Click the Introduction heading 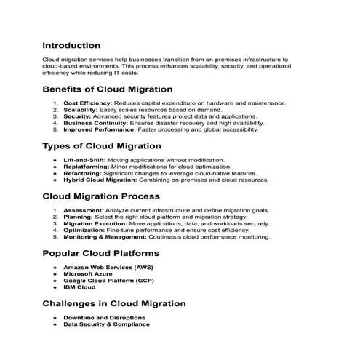pos(71,45)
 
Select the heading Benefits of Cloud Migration pos(108,89)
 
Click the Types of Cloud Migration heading pos(102,145)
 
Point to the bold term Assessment pos(84,210)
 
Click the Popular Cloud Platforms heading pos(101,253)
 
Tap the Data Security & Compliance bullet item pos(106,324)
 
